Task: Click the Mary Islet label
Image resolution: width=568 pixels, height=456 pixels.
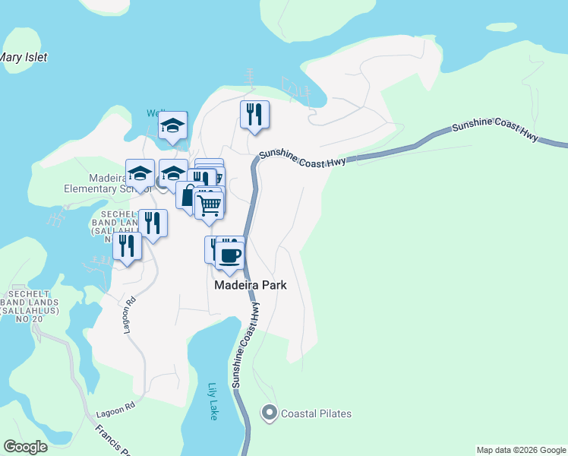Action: tap(23, 57)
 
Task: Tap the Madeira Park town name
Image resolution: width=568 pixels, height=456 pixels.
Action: tap(251, 285)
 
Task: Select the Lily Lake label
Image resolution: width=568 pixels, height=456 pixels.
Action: tap(213, 401)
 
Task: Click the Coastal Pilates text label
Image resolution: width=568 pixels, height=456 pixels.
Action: tap(316, 413)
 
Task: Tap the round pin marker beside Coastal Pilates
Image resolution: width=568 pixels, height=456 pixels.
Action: tap(269, 413)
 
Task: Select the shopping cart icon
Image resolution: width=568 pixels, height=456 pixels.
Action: tap(209, 204)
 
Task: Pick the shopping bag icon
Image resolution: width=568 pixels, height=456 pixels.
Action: tap(188, 195)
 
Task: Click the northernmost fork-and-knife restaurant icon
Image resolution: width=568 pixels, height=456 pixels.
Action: tap(254, 115)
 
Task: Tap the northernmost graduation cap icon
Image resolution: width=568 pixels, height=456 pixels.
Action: tap(172, 125)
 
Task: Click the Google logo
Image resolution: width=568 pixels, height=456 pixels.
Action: tap(25, 447)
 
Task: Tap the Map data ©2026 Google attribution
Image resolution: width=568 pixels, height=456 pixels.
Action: tap(521, 450)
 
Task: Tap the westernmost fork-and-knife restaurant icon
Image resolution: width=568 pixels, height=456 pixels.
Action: tap(127, 246)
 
